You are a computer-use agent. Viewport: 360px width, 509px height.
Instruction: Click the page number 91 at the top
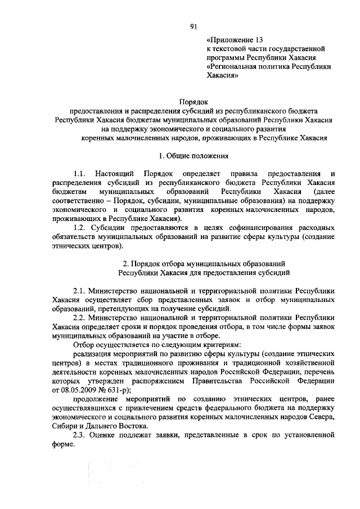click(x=193, y=26)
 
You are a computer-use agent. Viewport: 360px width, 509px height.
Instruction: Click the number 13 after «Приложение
click(x=257, y=40)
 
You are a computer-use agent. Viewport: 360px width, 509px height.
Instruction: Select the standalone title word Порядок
click(x=193, y=102)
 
